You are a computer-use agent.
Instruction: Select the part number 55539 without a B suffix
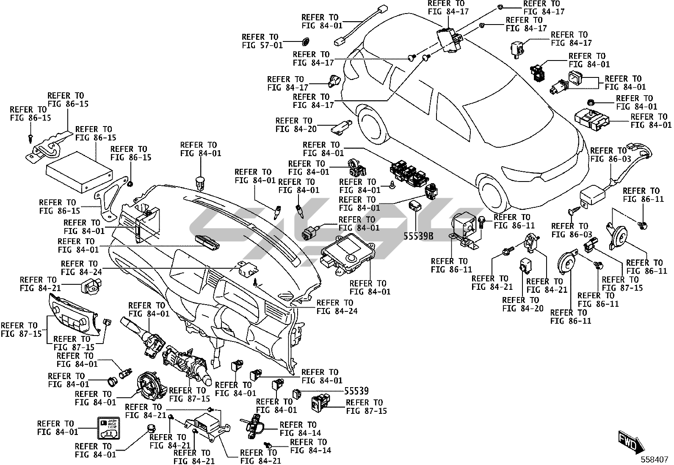click(x=356, y=391)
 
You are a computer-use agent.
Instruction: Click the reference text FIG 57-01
click(x=262, y=45)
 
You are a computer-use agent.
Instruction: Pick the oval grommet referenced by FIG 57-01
click(x=305, y=41)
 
